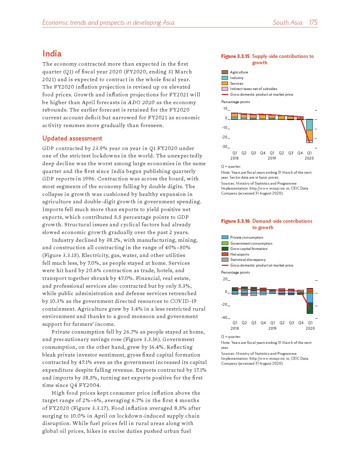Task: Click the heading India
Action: (52, 54)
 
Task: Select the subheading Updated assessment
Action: (72, 138)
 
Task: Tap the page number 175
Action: (313, 23)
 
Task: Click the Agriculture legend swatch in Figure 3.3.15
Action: (224, 72)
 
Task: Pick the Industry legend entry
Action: (236, 78)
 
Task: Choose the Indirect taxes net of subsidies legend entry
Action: (253, 89)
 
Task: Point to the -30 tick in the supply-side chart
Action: (224, 147)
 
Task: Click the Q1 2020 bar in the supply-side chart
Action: (310, 131)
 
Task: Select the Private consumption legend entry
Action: (246, 238)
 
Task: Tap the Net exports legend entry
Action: (239, 255)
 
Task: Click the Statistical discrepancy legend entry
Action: (248, 260)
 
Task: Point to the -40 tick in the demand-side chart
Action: (224, 317)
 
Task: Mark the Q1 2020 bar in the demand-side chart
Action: (310, 301)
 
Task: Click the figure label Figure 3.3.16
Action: (235, 221)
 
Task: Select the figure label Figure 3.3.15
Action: (235, 56)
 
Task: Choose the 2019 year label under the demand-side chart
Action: (272, 328)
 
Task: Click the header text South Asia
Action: (287, 23)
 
